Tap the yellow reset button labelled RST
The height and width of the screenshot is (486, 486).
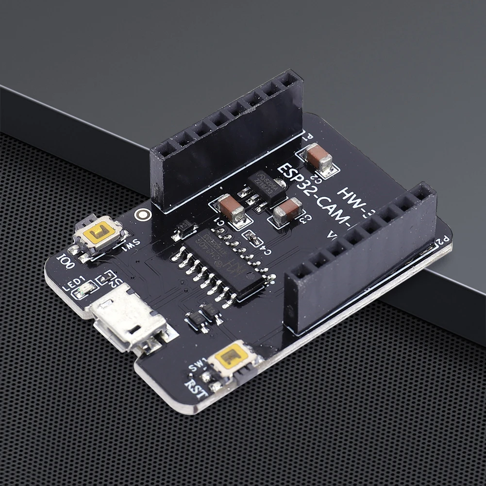coord(230,358)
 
